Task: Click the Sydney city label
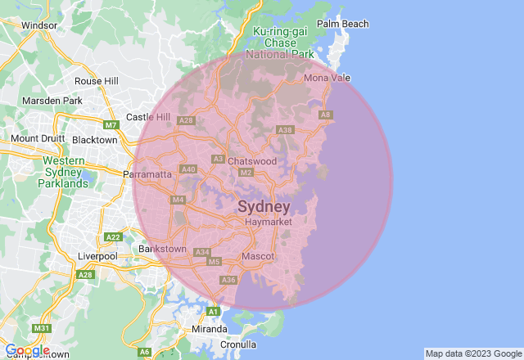click(x=264, y=206)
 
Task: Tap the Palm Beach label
click(x=343, y=24)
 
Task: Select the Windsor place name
click(x=38, y=25)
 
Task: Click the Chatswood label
click(x=252, y=161)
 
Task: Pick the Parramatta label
click(x=147, y=174)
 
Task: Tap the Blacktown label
click(x=95, y=140)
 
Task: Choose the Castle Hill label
click(x=147, y=118)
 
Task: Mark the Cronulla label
click(x=238, y=344)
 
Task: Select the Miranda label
click(x=210, y=329)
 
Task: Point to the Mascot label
click(x=258, y=257)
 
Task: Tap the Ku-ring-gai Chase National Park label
click(x=284, y=43)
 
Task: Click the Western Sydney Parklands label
click(x=65, y=173)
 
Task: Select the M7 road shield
click(x=111, y=125)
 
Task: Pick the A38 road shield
click(x=286, y=130)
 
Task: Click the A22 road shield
click(x=113, y=237)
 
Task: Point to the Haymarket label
click(x=263, y=222)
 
